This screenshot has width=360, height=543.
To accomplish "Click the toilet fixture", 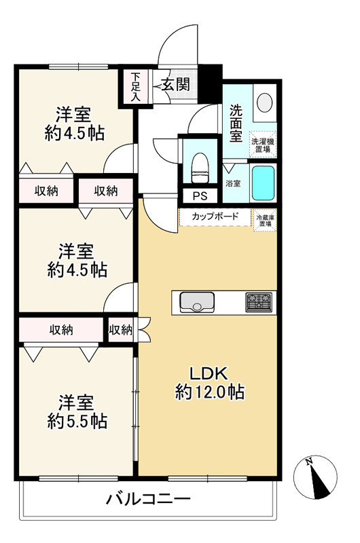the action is coord(199,168).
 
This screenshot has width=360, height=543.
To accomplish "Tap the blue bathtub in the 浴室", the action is coord(264,183).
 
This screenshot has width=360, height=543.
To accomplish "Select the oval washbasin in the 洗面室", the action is coord(265,102).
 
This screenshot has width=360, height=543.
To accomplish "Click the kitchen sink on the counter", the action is coord(197,302).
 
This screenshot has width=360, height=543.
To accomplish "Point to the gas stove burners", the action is coord(259,302).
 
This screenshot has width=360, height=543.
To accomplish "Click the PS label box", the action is coord(200,196).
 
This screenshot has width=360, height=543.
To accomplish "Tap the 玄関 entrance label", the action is coord(177,84).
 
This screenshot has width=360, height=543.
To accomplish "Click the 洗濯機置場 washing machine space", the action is coord(263,145).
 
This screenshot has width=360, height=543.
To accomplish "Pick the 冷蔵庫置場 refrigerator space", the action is coord(265,220).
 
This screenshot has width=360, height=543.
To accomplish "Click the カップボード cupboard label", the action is coord(215,217).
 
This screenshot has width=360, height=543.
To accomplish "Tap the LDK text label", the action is coord(209,374).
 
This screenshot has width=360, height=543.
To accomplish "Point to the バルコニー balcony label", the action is coord(148,499).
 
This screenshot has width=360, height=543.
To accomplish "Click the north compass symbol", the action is coord(315,476).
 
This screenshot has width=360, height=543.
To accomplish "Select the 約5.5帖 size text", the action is coord(77,421).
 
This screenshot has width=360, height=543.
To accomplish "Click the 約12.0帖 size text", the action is coord(210,392).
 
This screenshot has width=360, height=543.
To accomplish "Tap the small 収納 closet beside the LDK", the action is coord(121,330).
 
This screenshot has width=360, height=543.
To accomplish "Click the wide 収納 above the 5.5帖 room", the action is coord(61,330).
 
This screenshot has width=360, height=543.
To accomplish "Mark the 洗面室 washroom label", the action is coord(236,124).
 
